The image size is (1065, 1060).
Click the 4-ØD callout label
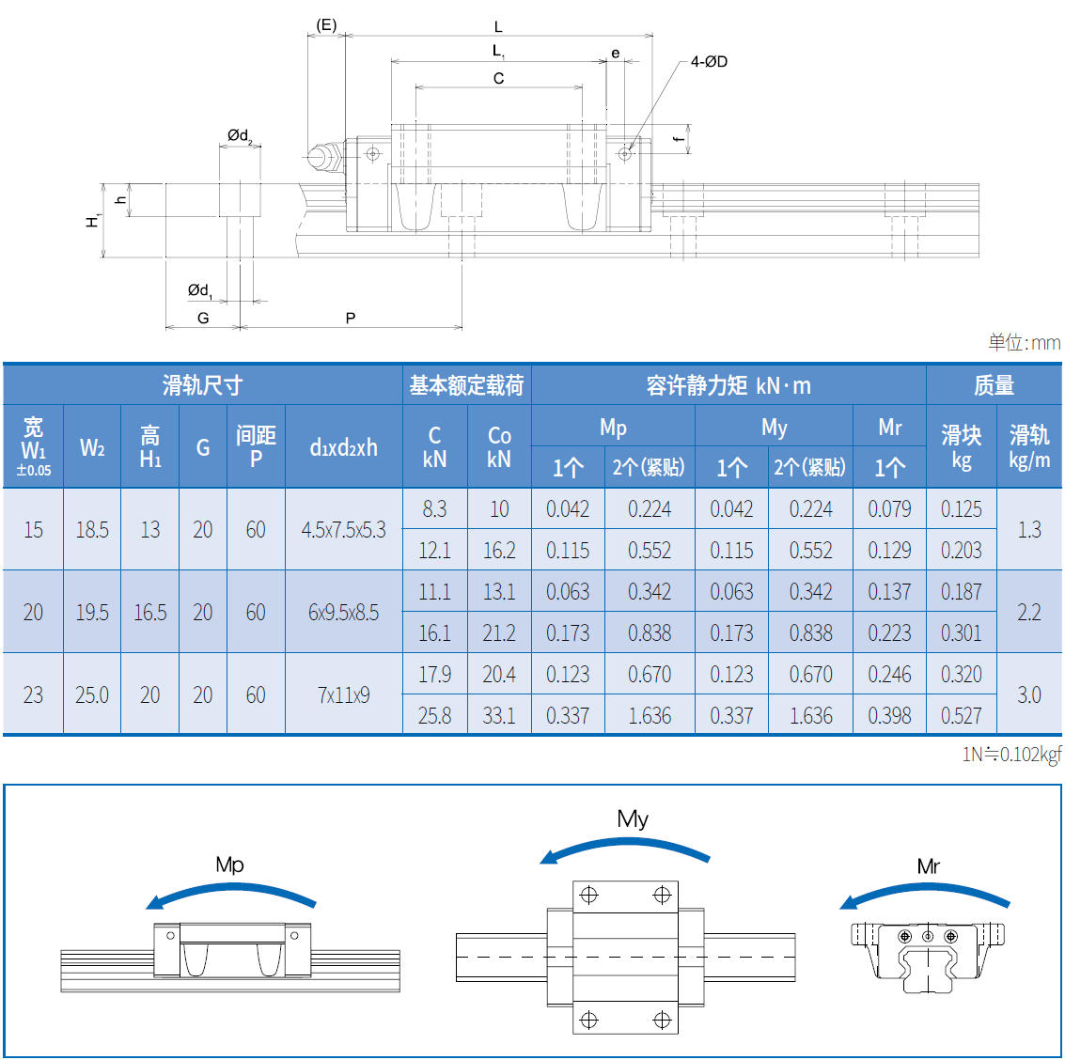click(x=709, y=62)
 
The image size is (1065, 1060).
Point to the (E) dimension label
click(x=326, y=25)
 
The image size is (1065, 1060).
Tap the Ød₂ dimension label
click(x=240, y=136)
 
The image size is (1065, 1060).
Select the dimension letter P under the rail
click(x=351, y=318)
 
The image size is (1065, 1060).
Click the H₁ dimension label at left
click(x=93, y=221)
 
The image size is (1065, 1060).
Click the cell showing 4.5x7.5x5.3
click(x=343, y=530)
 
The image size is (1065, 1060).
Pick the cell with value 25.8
click(x=434, y=716)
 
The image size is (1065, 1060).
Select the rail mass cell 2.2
click(x=1029, y=613)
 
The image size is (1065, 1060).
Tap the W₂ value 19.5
click(x=92, y=613)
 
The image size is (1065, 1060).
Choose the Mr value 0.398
click(x=889, y=716)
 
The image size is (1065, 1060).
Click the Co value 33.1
click(x=499, y=716)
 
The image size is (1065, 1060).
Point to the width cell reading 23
click(x=33, y=695)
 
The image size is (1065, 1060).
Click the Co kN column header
click(x=499, y=447)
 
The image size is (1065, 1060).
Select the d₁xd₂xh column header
click(x=343, y=447)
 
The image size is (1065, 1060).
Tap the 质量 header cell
click(x=994, y=385)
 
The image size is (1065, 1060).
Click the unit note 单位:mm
click(x=1024, y=343)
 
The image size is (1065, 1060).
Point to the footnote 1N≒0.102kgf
click(x=1011, y=754)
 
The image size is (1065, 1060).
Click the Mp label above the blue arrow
click(x=229, y=865)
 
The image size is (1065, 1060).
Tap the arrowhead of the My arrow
click(x=548, y=858)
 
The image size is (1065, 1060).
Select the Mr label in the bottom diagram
click(x=928, y=866)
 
